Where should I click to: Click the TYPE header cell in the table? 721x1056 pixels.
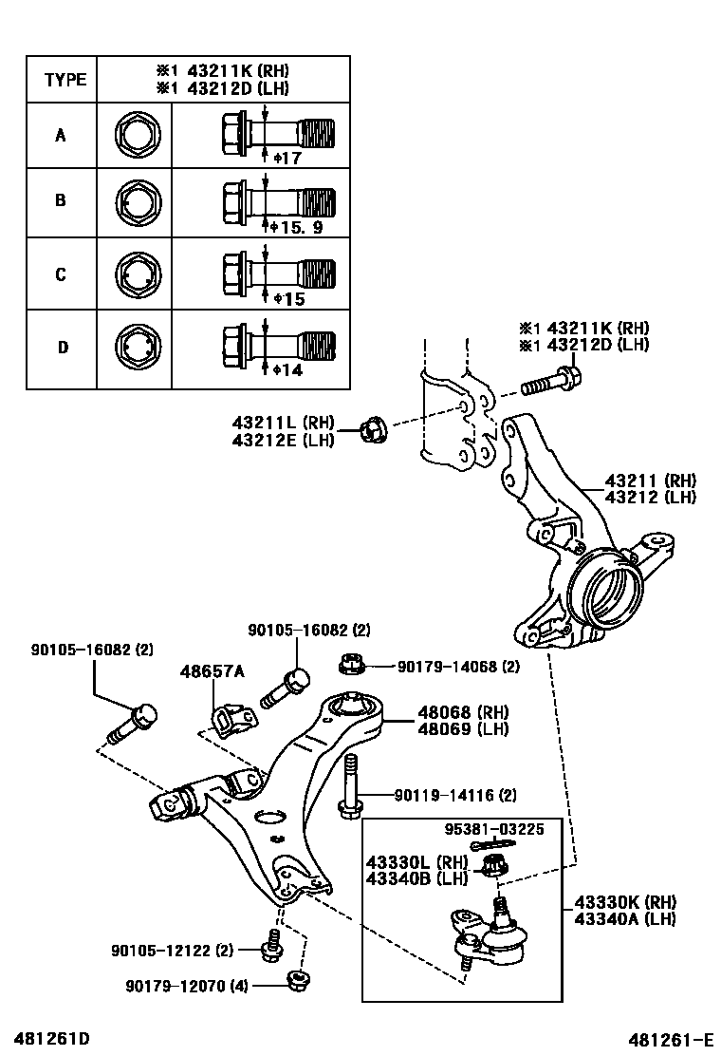[65, 80]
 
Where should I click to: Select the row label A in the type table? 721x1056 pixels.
[61, 135]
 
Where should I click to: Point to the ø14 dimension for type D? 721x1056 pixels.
[287, 369]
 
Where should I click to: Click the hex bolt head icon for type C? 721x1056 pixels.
[136, 274]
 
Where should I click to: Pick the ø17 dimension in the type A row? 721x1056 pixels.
[287, 159]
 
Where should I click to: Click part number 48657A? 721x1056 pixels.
[212, 671]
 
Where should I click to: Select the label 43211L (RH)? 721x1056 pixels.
[283, 421]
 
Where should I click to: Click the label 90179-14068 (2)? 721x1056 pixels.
[458, 668]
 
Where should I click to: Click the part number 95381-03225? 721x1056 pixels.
[494, 829]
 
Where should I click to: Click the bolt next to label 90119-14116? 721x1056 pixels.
[349, 785]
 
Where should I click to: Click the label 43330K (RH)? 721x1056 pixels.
[624, 901]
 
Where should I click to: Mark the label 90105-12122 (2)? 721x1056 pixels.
[172, 950]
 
